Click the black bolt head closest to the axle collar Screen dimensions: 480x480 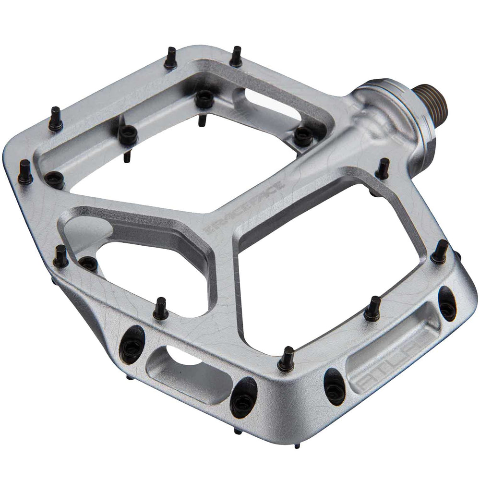(x=302, y=135)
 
